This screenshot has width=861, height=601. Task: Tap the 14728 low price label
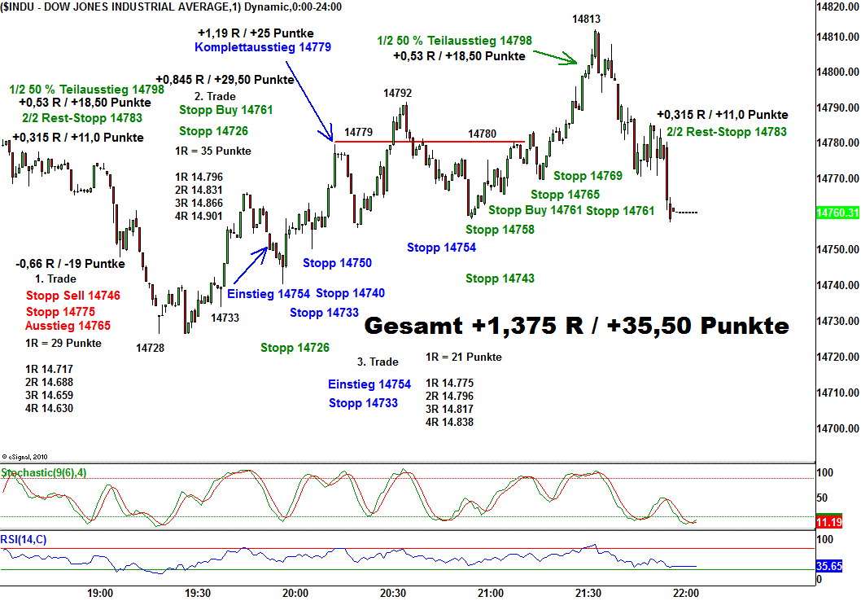point(151,348)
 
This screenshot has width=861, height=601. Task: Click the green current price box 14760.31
point(837,213)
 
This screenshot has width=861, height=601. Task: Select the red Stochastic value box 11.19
point(830,522)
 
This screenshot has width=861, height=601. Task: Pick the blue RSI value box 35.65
point(830,566)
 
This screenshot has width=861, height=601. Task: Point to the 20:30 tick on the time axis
point(393,593)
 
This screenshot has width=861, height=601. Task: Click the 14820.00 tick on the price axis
point(838,7)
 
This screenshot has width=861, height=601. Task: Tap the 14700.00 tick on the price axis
point(838,428)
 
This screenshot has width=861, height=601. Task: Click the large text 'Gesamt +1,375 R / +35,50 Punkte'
point(576,326)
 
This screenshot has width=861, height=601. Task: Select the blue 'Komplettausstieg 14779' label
point(251,47)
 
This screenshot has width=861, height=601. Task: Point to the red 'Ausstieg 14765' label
point(68,325)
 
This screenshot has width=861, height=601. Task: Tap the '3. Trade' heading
point(378,362)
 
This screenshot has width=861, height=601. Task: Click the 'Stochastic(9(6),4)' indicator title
point(46,472)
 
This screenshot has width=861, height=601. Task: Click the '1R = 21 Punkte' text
point(464,357)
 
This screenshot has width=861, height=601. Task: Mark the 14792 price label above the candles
point(398,94)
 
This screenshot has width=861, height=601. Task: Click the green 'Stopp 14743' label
point(500,279)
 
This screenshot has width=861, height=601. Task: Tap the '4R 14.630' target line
point(49,408)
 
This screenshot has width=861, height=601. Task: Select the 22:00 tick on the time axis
point(684,593)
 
